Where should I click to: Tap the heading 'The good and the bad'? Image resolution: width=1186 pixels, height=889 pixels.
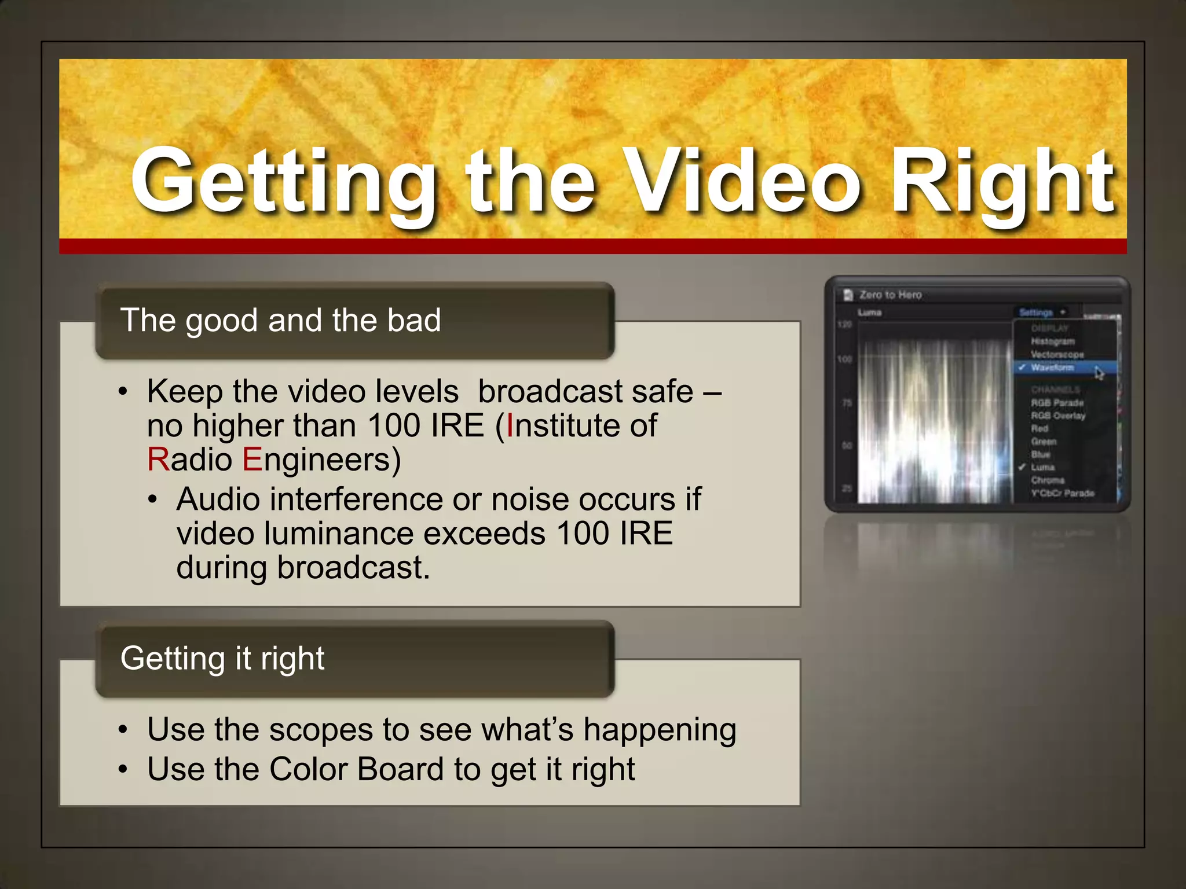click(280, 320)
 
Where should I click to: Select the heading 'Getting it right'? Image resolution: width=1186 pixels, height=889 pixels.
click(222, 658)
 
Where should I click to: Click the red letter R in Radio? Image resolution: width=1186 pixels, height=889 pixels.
click(158, 460)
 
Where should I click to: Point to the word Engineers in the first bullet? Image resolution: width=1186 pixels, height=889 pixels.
click(321, 461)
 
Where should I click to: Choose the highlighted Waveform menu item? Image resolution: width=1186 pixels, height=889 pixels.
click(1052, 368)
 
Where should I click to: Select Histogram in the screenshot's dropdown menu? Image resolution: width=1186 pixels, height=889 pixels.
click(1052, 341)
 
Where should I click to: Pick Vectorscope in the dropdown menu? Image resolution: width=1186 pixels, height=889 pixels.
click(1057, 354)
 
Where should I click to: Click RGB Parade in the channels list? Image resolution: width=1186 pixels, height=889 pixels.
click(1057, 403)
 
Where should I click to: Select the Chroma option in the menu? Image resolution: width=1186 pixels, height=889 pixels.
click(1048, 480)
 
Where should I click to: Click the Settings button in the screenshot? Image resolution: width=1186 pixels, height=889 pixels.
click(1036, 313)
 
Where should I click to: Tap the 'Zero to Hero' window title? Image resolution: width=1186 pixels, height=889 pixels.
click(890, 295)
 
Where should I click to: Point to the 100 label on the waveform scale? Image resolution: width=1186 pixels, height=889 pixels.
click(845, 359)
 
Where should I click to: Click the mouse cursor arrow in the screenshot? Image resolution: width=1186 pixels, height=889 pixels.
click(1099, 373)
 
